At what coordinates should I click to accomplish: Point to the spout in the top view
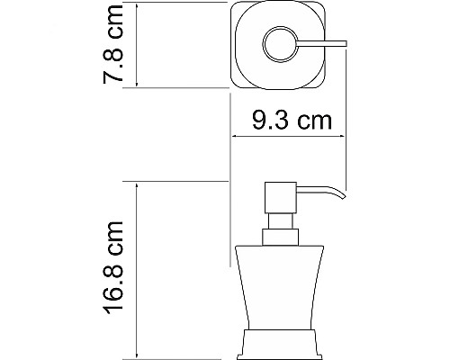click(326, 45)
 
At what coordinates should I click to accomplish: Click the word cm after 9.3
click(311, 119)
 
